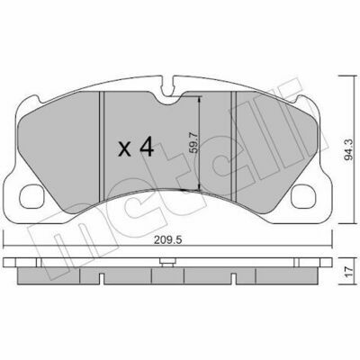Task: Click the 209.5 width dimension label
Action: click(x=167, y=240)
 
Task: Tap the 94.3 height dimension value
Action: click(x=348, y=150)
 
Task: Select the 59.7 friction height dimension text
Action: click(x=194, y=143)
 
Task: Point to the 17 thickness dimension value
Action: click(x=348, y=272)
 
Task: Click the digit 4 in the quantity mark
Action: click(x=145, y=147)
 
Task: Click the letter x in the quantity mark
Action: click(x=124, y=149)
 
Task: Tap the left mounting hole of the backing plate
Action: click(x=31, y=197)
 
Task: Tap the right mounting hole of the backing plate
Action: click(x=303, y=197)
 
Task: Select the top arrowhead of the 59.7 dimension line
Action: click(x=200, y=100)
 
